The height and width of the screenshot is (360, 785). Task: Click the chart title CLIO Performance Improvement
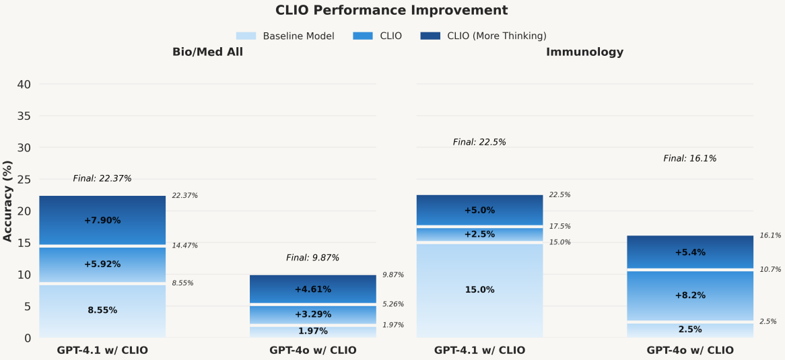[392, 11]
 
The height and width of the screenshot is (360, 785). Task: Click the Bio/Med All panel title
[207, 52]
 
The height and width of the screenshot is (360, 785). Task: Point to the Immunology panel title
[584, 52]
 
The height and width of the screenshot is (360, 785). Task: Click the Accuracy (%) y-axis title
[8, 200]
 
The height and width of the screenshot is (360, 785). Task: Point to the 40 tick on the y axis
[24, 85]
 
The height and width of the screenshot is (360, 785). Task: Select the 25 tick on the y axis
[24, 180]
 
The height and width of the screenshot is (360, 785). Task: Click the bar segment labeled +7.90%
[102, 220]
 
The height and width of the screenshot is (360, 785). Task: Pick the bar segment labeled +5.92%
[102, 264]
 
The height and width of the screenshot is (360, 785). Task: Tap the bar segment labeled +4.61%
[313, 289]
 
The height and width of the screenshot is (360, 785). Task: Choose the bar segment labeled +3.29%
[313, 314]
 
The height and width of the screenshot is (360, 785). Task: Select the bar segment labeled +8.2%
[690, 295]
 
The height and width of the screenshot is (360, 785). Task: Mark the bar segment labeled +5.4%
[690, 252]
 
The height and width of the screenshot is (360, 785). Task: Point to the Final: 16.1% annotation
[690, 159]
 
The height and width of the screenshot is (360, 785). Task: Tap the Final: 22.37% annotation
[102, 179]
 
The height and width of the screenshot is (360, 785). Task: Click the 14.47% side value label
[185, 246]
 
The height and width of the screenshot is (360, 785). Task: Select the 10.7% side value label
[770, 270]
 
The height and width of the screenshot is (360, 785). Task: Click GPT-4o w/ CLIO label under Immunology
[690, 351]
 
